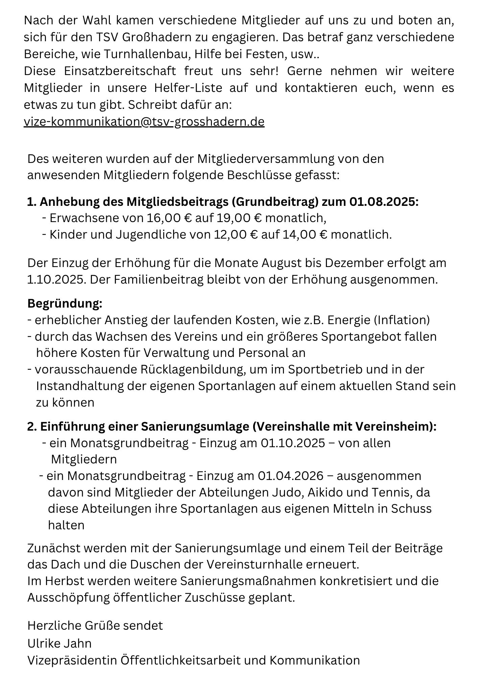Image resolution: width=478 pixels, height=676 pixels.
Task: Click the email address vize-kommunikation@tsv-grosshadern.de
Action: pos(144,122)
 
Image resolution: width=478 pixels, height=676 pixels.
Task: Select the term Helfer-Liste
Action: pos(188,88)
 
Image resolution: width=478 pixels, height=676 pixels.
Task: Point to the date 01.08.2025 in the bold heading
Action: pos(382,202)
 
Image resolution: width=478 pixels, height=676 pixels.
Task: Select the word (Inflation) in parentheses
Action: pos(402,320)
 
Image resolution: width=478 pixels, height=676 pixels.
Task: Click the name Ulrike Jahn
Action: pos(59,643)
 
